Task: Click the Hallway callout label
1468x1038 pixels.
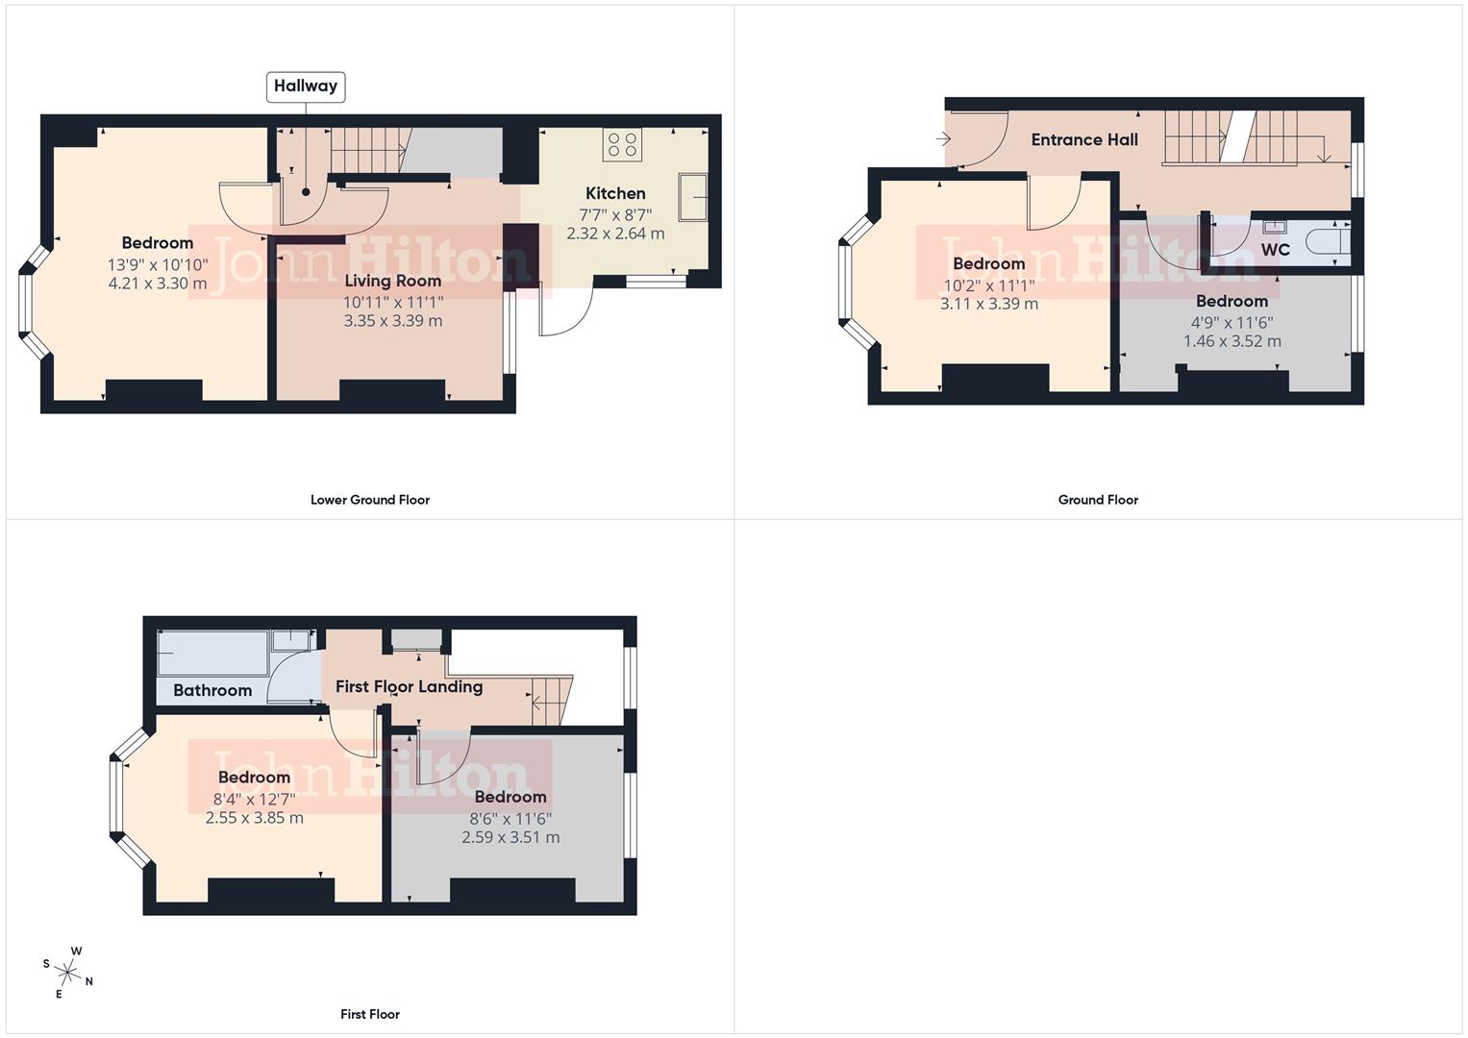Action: click(x=306, y=86)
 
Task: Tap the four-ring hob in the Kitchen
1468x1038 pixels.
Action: click(x=622, y=145)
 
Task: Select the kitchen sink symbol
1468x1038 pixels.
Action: click(x=693, y=197)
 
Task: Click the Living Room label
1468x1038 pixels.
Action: click(x=392, y=281)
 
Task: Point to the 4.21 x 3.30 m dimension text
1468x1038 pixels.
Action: click(x=158, y=284)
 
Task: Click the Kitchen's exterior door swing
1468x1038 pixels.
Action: click(x=566, y=312)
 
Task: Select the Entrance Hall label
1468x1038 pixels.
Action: click(x=1084, y=139)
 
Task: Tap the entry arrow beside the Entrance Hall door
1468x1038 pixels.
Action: click(x=943, y=139)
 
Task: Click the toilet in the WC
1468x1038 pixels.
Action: click(x=1328, y=242)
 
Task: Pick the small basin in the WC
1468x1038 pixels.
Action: click(x=1274, y=228)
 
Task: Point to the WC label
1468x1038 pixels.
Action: click(x=1275, y=250)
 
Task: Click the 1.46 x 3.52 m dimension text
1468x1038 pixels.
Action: click(x=1232, y=341)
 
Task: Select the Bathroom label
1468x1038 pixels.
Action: click(x=212, y=690)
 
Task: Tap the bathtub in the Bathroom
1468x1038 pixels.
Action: click(x=213, y=653)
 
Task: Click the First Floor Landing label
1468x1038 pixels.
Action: click(x=409, y=686)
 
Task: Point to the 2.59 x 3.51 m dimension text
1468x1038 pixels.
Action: click(x=510, y=837)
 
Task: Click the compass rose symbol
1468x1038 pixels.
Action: click(x=67, y=972)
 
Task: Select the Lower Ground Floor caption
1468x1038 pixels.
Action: click(x=369, y=500)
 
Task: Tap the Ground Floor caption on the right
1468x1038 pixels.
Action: click(x=1098, y=500)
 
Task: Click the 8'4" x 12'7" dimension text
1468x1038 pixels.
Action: click(x=254, y=799)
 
